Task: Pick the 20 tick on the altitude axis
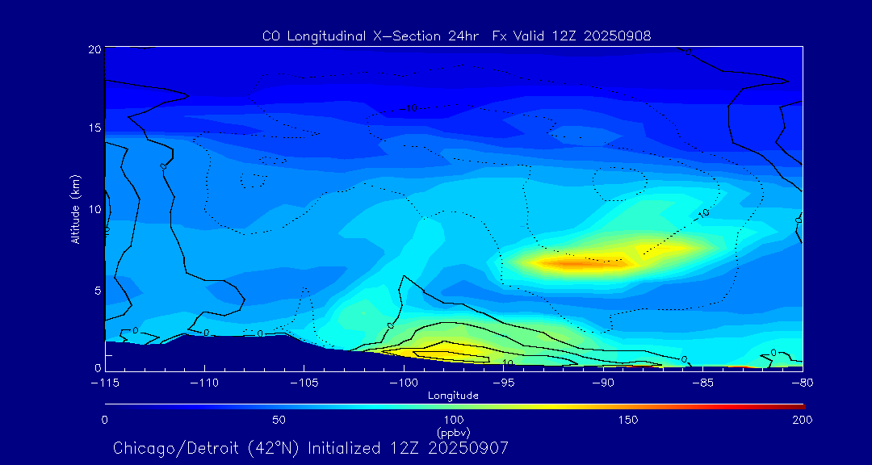click(94, 49)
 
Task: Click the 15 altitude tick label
click(94, 128)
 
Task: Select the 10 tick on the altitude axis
click(94, 209)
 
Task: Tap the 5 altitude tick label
click(97, 290)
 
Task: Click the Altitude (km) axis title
click(76, 208)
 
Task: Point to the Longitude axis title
click(453, 396)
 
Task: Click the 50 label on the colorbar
click(279, 420)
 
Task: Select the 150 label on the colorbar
click(628, 420)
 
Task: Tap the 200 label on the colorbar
click(802, 420)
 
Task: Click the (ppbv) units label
click(453, 433)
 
